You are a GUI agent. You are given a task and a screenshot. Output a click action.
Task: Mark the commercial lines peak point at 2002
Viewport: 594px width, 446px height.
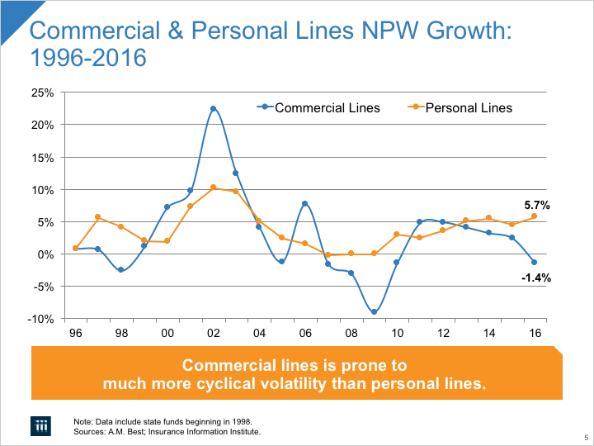point(213,108)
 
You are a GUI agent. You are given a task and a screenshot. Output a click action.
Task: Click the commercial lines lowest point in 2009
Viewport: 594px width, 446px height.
point(374,312)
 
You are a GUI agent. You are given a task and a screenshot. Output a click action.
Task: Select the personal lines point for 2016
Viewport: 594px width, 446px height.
point(535,216)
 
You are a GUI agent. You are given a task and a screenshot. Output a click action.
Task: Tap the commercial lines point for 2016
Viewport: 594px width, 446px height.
point(535,263)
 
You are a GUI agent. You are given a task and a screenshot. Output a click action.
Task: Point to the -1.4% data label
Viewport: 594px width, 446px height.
point(535,278)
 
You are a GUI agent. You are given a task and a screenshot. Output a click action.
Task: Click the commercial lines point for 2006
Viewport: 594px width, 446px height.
point(304,203)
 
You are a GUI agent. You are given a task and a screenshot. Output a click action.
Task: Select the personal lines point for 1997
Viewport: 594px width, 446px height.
point(97,217)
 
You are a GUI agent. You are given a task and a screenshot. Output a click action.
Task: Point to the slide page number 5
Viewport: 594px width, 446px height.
point(584,438)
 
